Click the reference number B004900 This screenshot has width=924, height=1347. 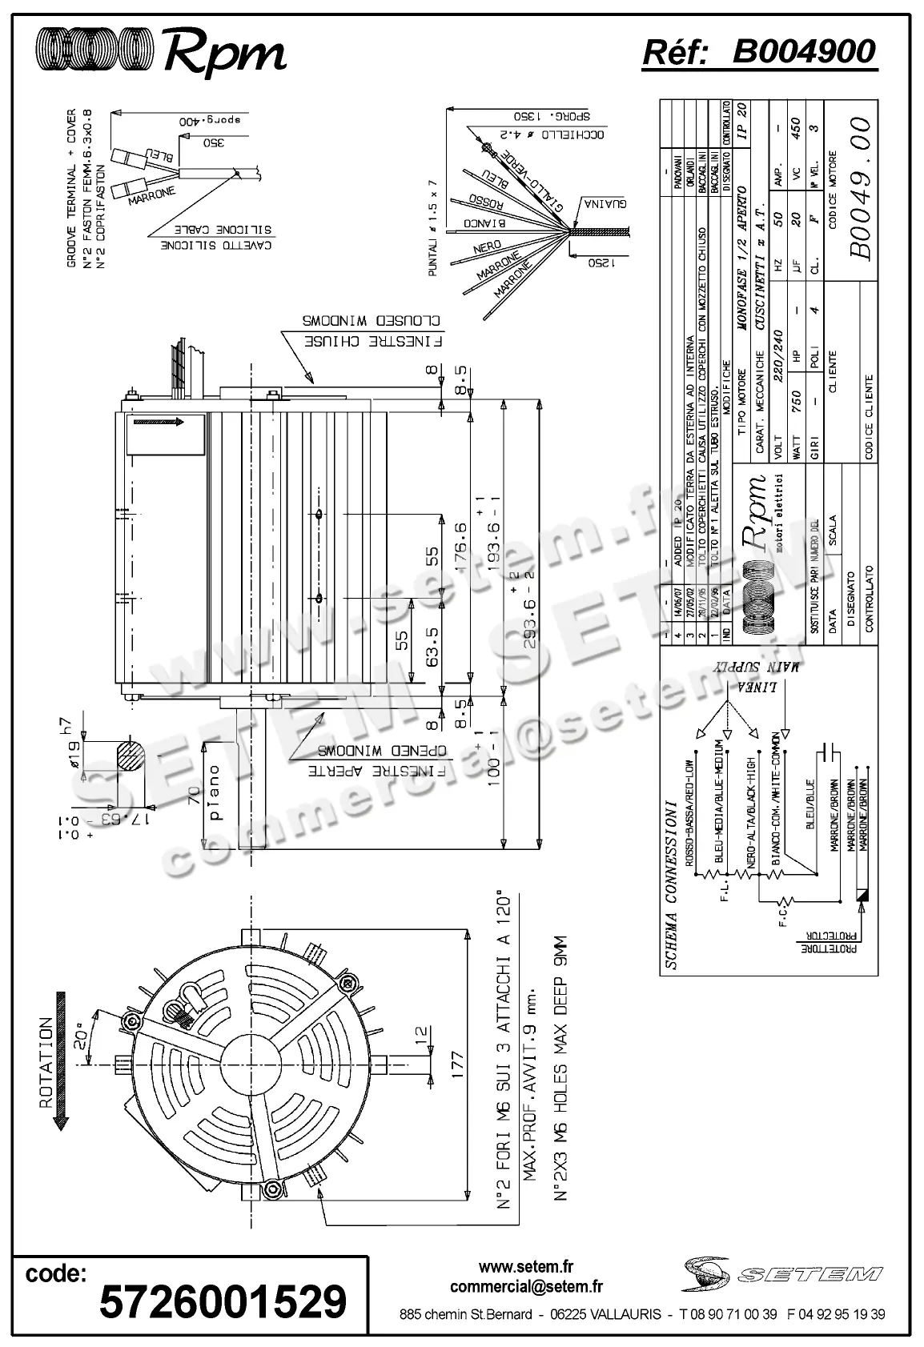(x=804, y=52)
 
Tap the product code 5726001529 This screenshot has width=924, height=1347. (x=223, y=1301)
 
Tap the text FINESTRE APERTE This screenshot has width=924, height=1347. (x=376, y=773)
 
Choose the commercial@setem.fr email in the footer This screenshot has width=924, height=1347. (x=526, y=1287)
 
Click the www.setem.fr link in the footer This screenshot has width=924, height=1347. (x=526, y=1267)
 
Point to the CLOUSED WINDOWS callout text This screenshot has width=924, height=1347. (x=371, y=320)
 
